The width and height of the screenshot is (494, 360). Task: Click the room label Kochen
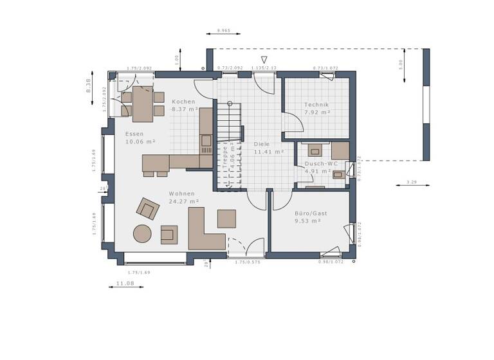point(183,102)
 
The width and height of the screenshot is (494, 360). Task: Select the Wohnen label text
point(181,194)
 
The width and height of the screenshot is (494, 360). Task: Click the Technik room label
point(316,105)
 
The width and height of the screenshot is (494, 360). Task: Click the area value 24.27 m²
point(183,201)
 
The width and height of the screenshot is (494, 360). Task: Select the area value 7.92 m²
point(317,113)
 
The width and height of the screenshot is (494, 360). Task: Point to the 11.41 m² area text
point(269,152)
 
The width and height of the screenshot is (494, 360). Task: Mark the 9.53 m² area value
point(307,221)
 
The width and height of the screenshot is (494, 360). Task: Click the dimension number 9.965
point(224,30)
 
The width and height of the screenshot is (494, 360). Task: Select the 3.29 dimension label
point(412,183)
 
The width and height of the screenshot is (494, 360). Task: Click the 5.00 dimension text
point(399,64)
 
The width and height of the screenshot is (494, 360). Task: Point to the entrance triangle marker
point(263,60)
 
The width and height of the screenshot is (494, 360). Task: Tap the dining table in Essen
point(143,104)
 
